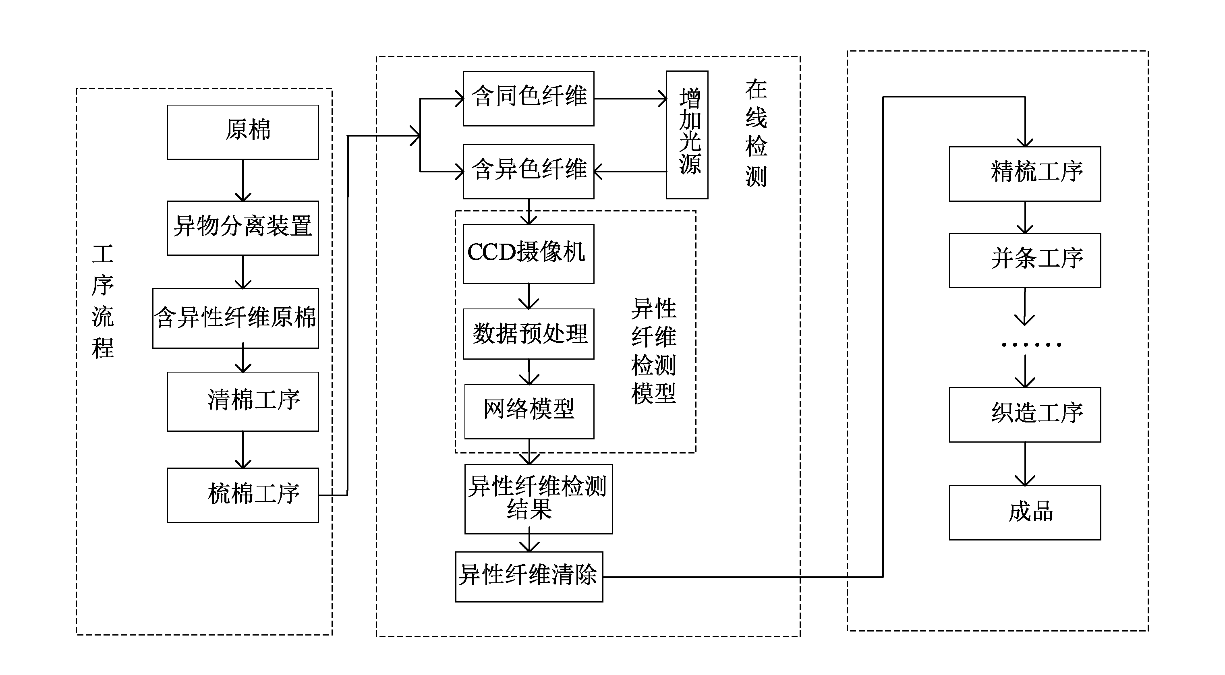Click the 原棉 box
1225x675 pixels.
pos(243,132)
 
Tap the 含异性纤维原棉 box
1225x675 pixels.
pos(235,318)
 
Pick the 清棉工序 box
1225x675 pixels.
pos(243,401)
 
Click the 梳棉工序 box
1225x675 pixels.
pos(243,495)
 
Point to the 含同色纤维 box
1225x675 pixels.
pos(529,98)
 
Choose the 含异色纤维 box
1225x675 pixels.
pos(529,171)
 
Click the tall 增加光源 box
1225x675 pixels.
pos(687,135)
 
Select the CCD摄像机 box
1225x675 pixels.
pos(529,253)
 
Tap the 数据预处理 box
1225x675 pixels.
pos(529,334)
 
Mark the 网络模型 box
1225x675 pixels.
pos(529,411)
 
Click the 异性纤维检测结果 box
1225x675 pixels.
pos(538,499)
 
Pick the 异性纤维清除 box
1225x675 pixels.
pos(529,577)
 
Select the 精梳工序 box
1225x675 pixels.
pos(1024,174)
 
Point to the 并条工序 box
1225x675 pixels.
pos(1024,260)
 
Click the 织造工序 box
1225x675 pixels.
pos(1024,414)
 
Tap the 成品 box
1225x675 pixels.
pos(1024,512)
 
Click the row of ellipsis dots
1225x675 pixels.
pos(1031,345)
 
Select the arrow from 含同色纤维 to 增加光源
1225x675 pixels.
pos(630,99)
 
